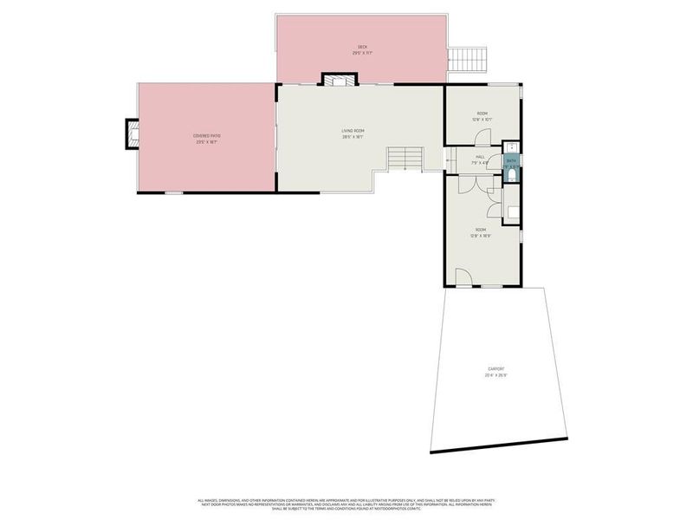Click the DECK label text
coord(361,47)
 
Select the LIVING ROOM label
coord(353,131)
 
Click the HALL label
coord(479,157)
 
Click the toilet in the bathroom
coord(513,176)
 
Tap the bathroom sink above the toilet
coord(513,148)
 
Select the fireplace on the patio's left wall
coord(132,133)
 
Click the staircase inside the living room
coord(404,159)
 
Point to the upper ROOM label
coord(481,114)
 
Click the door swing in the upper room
coord(483,137)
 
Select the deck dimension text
coord(361,53)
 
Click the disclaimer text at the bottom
coord(346,503)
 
